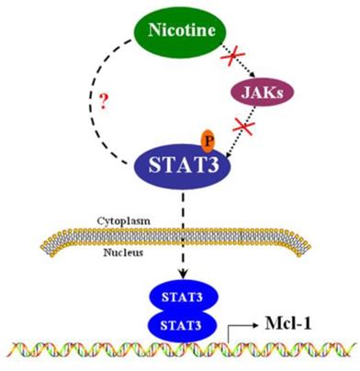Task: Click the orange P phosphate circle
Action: click(x=209, y=139)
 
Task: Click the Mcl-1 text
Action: click(x=295, y=323)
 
